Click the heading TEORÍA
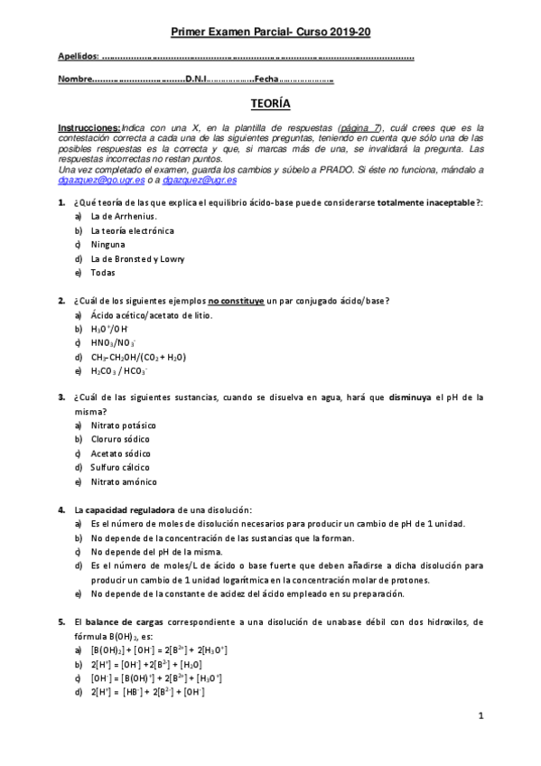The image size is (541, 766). [x=270, y=105]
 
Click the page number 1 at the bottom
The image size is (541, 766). [x=481, y=715]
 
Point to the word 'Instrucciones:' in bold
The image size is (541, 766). [x=89, y=128]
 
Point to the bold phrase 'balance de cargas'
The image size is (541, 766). [x=124, y=621]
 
